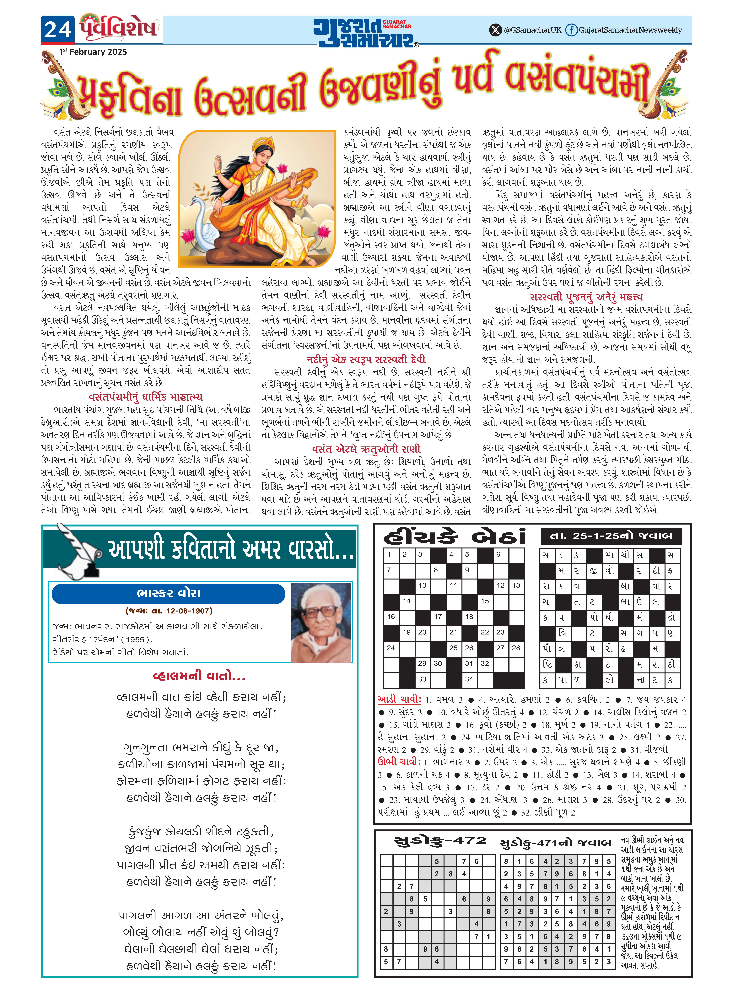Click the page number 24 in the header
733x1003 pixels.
click(x=58, y=30)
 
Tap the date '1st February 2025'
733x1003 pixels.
click(x=93, y=52)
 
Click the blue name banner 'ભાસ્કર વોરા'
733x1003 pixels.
click(x=169, y=594)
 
